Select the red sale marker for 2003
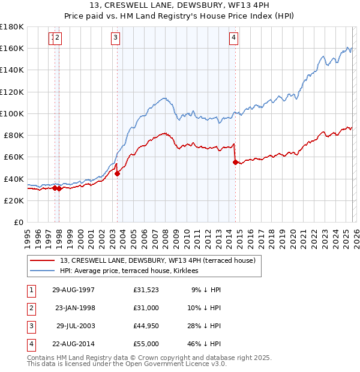click(118, 174)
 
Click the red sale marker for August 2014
click(235, 162)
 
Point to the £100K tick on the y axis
click(12, 113)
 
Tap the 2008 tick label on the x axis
click(165, 235)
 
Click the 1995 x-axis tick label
click(27, 235)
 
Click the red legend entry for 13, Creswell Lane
click(157, 260)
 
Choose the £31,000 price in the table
click(146, 308)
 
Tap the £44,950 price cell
click(146, 326)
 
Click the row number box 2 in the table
click(30, 308)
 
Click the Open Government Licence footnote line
click(127, 364)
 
